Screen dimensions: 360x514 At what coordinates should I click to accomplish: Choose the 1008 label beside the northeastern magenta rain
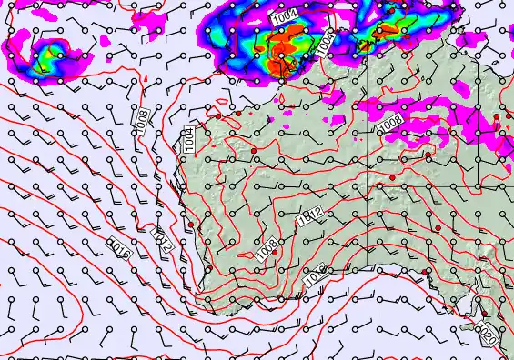391,121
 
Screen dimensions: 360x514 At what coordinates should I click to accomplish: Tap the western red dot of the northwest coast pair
218,115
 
